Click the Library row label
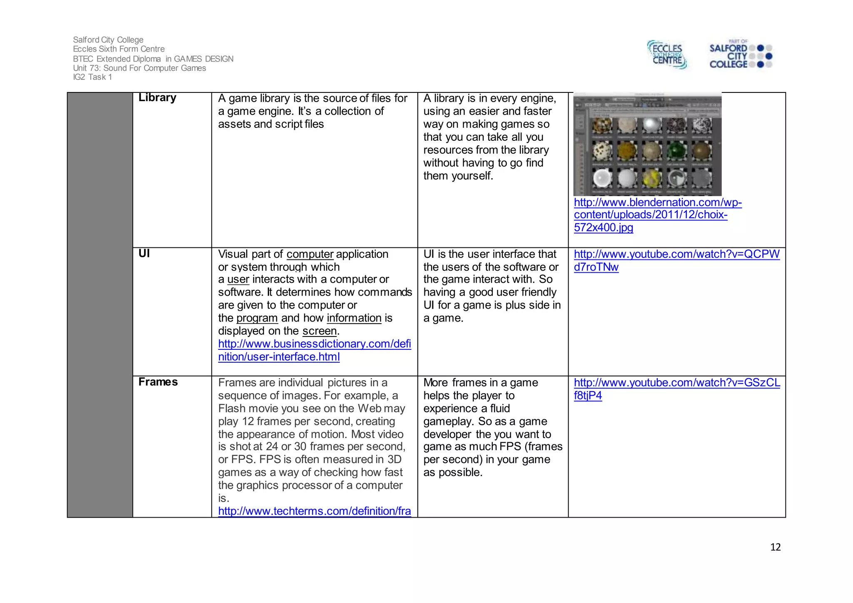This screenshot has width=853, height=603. [157, 97]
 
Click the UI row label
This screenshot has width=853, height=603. [144, 254]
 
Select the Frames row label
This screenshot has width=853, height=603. [158, 382]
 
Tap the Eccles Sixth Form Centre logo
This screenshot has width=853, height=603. [666, 55]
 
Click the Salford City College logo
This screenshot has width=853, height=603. [740, 55]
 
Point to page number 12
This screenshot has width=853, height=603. [775, 547]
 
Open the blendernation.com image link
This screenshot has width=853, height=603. [657, 214]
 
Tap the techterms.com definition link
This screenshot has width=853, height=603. [314, 511]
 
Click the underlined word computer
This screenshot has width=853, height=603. [310, 254]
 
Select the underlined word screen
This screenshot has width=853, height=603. [319, 331]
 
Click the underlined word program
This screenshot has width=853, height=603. [257, 318]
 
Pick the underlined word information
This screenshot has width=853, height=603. [354, 318]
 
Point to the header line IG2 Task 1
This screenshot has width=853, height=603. [92, 77]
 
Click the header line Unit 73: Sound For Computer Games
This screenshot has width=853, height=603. [139, 68]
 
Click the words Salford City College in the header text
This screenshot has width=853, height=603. [108, 40]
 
